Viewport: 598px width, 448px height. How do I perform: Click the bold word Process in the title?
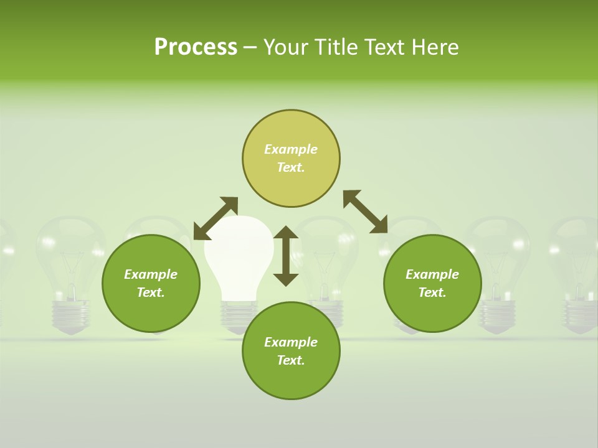[x=196, y=47]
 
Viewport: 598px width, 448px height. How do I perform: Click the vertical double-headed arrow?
[x=286, y=256]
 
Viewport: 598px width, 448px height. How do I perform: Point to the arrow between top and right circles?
[x=365, y=212]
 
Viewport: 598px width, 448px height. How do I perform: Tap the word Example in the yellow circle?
[x=291, y=149]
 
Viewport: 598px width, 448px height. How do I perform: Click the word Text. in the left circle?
[x=151, y=292]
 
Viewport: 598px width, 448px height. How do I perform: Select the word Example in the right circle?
[x=432, y=274]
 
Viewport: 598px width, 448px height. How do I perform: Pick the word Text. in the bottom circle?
[x=291, y=360]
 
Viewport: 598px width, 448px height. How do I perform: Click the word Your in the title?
[x=286, y=47]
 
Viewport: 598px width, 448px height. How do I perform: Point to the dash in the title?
[x=250, y=48]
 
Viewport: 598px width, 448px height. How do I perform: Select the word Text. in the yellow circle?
[x=291, y=167]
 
